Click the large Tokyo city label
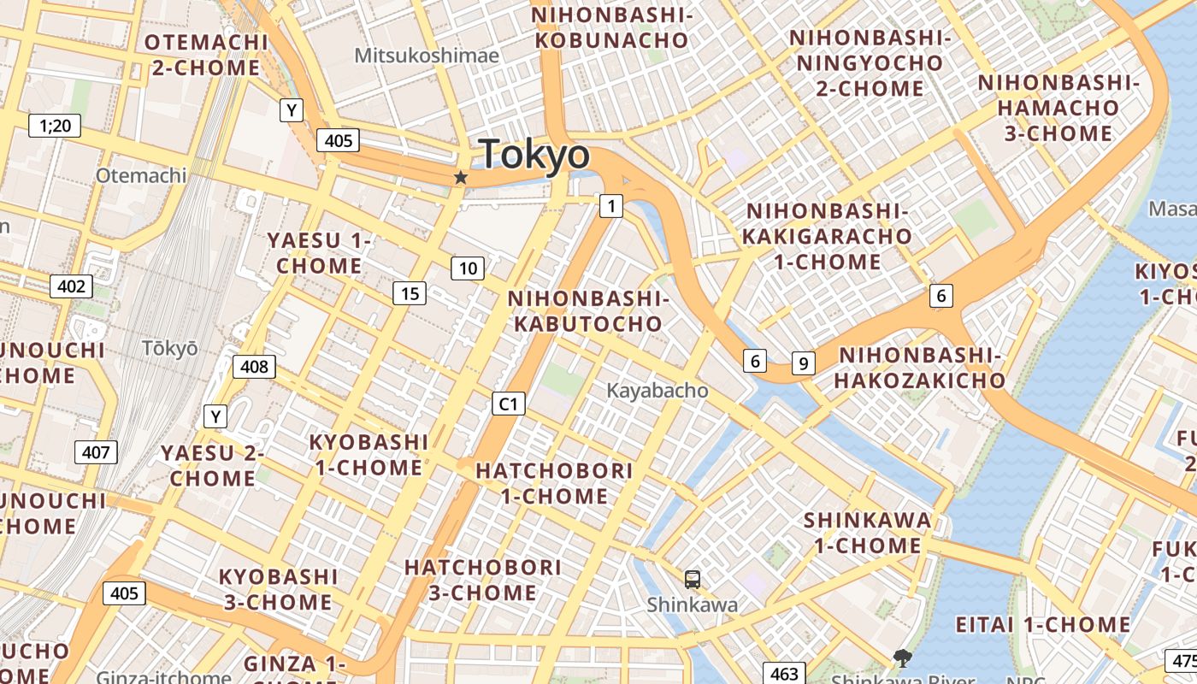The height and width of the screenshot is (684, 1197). click(535, 155)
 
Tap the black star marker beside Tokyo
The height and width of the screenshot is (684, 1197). click(461, 177)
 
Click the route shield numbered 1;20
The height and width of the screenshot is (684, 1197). click(55, 127)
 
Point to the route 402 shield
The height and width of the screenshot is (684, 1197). click(71, 286)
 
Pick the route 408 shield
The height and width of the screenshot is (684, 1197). click(254, 367)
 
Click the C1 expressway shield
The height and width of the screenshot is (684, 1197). click(508, 403)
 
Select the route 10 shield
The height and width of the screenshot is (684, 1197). click(468, 268)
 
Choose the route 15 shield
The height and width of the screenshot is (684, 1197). click(410, 293)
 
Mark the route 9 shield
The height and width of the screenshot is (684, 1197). click(803, 363)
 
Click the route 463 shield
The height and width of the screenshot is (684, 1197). click(782, 673)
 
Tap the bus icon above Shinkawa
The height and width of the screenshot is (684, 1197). click(693, 579)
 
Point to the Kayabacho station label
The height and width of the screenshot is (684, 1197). click(657, 391)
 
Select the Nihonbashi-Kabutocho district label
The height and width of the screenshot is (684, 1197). click(587, 310)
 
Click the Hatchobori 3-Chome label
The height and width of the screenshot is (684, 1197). click(483, 580)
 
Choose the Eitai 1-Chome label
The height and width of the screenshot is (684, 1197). click(1043, 624)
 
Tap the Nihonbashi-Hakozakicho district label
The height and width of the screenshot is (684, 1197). click(919, 368)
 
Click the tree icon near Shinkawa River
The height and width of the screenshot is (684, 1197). click(901, 657)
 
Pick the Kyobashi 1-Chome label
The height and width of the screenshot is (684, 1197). click(369, 455)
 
